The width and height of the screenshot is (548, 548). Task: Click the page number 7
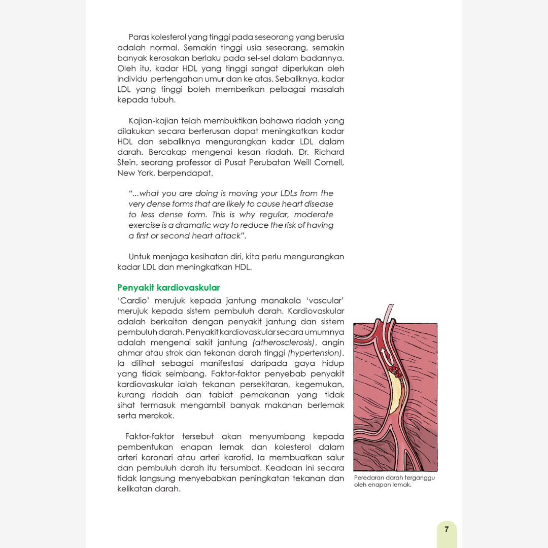[x=446, y=530]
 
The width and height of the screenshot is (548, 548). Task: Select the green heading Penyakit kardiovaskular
[x=168, y=288]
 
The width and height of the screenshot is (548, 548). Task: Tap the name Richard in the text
[x=329, y=152]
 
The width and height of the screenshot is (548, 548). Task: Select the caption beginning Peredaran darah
[x=394, y=481]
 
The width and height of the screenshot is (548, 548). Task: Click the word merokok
[x=159, y=416]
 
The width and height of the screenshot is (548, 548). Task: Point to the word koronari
[x=162, y=458]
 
